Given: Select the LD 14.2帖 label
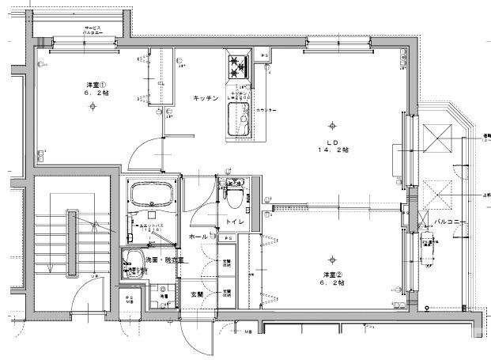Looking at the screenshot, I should click(333, 146).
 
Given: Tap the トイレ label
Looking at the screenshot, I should click(233, 222).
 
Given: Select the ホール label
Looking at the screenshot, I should click(198, 237).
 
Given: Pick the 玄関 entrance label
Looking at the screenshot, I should click(195, 294).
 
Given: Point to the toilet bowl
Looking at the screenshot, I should click(235, 198).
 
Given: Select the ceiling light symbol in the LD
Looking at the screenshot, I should click(332, 123).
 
